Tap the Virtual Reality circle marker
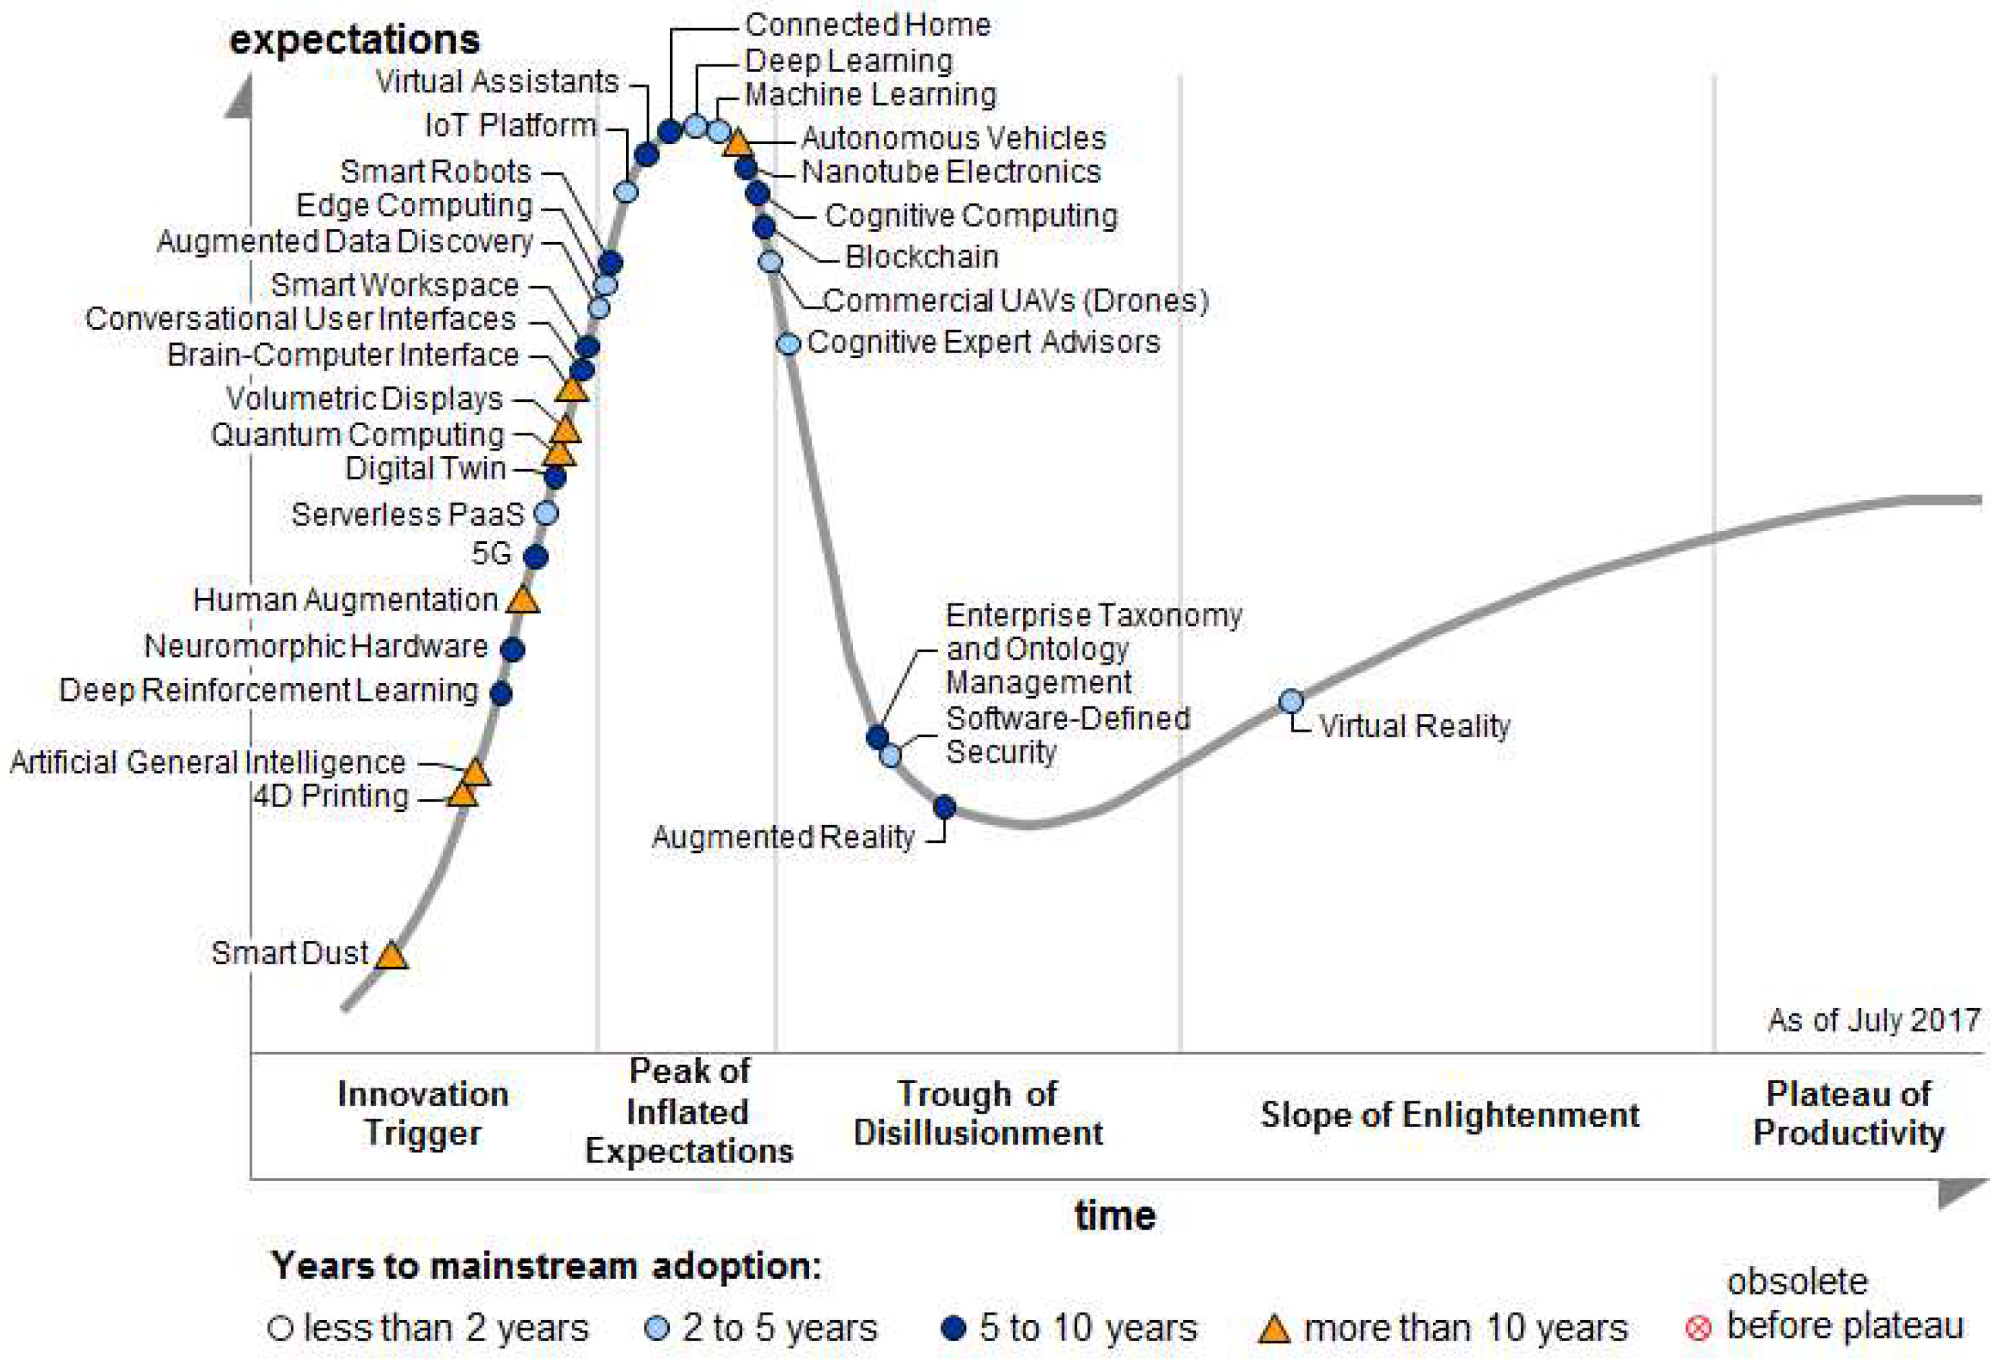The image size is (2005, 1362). point(1290,701)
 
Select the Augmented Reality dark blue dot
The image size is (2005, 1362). point(945,807)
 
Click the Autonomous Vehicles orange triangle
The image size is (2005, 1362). point(738,143)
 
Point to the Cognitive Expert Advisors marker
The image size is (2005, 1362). point(789,344)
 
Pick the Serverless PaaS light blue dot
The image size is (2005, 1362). point(546,514)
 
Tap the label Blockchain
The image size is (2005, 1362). point(922,257)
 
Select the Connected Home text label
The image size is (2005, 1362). point(867,25)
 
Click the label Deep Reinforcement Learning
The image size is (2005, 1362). point(268,691)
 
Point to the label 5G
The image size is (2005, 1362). point(492,553)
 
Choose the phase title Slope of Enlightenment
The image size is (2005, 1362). point(1450,1114)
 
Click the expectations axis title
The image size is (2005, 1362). point(355,40)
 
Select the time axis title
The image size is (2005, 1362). point(1115,1215)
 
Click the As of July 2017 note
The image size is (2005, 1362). point(1874,1020)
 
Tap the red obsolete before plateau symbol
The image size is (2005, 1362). point(1698,1328)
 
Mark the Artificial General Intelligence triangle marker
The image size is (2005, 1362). point(475,772)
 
